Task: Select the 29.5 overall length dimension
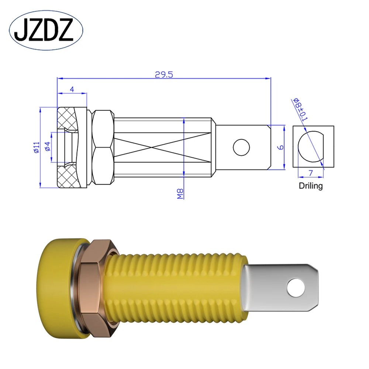tap(164, 74)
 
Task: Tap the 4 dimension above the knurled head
tap(72, 89)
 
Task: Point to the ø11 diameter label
tap(36, 147)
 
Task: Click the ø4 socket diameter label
tap(47, 147)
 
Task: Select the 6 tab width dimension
tap(280, 147)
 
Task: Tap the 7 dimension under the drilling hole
tap(311, 172)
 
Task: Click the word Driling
tap(310, 186)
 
